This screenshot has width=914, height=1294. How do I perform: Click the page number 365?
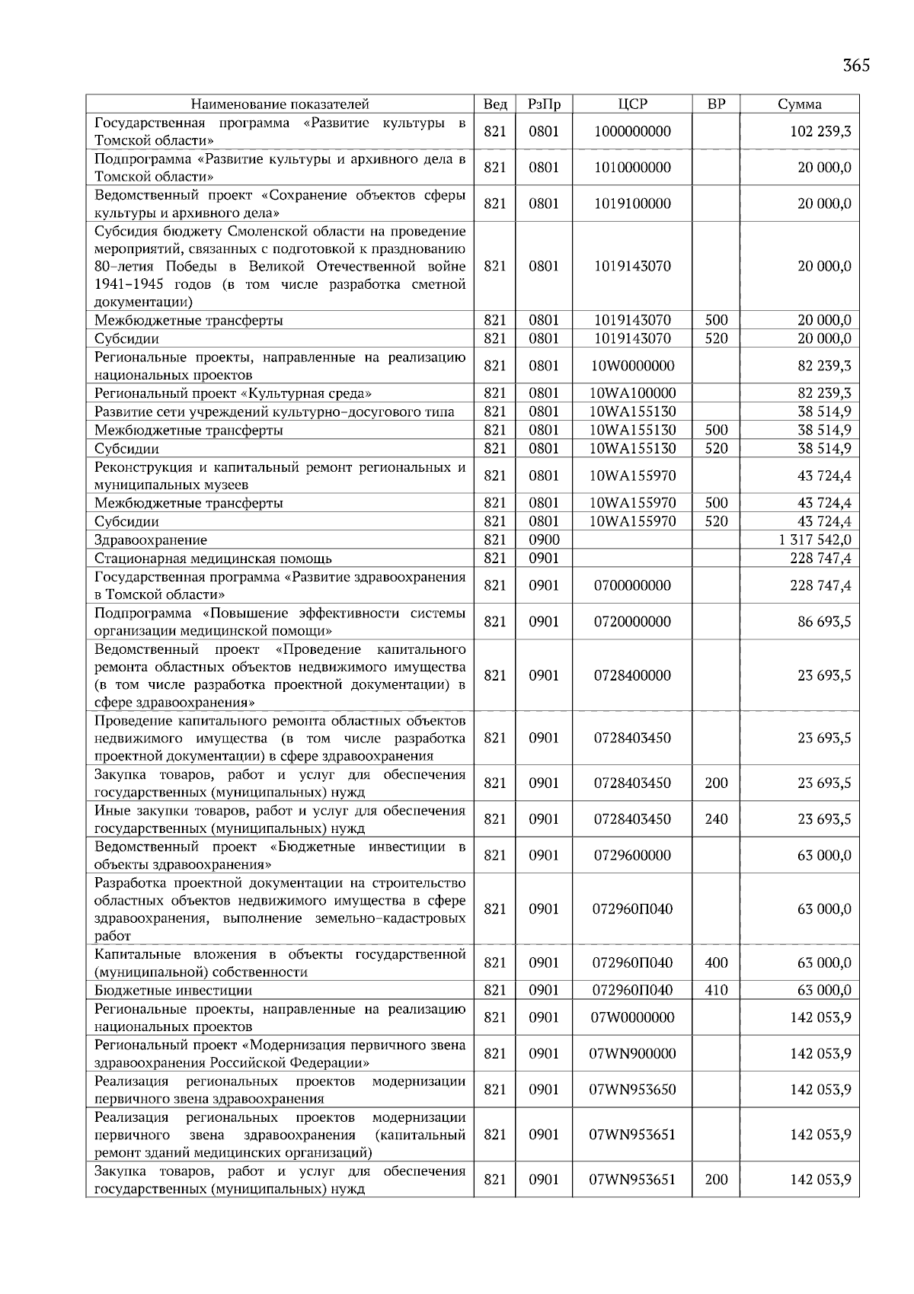856,66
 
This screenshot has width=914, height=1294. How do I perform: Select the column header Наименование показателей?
280,104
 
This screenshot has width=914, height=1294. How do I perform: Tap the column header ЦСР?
632,104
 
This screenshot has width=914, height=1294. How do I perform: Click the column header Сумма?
799,104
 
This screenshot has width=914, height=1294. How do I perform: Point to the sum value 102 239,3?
820,132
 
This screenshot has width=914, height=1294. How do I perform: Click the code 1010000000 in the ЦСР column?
632,168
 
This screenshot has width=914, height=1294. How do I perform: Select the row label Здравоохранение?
151,540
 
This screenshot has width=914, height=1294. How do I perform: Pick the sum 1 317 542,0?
814,540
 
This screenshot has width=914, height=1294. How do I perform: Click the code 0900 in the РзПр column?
544,540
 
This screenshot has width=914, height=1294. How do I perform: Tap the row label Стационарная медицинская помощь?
213,559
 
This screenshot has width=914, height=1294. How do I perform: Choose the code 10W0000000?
632,366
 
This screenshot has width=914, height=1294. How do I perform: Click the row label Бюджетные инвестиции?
173,991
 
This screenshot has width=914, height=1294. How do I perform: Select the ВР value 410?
716,991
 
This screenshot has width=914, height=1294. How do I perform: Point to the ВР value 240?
716,820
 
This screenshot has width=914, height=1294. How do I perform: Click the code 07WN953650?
632,1090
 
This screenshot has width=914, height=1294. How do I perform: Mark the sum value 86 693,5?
824,622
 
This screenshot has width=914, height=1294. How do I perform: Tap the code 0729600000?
632,856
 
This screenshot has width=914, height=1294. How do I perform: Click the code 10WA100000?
632,394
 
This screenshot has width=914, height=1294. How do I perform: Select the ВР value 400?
716,963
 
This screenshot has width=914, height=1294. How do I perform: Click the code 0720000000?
632,622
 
